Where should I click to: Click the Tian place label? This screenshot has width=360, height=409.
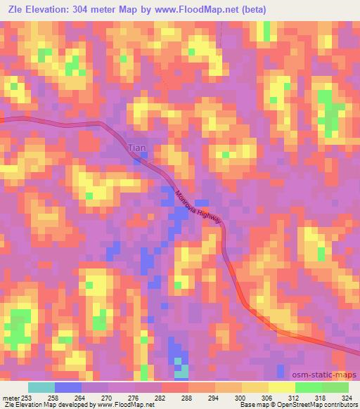(x=136, y=148)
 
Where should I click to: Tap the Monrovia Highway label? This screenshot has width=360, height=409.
(x=198, y=207)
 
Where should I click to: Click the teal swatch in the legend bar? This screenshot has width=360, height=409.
(x=41, y=388)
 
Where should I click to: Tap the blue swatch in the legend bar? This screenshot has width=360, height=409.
(x=68, y=388)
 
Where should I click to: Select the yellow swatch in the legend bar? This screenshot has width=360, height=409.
(x=282, y=388)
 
